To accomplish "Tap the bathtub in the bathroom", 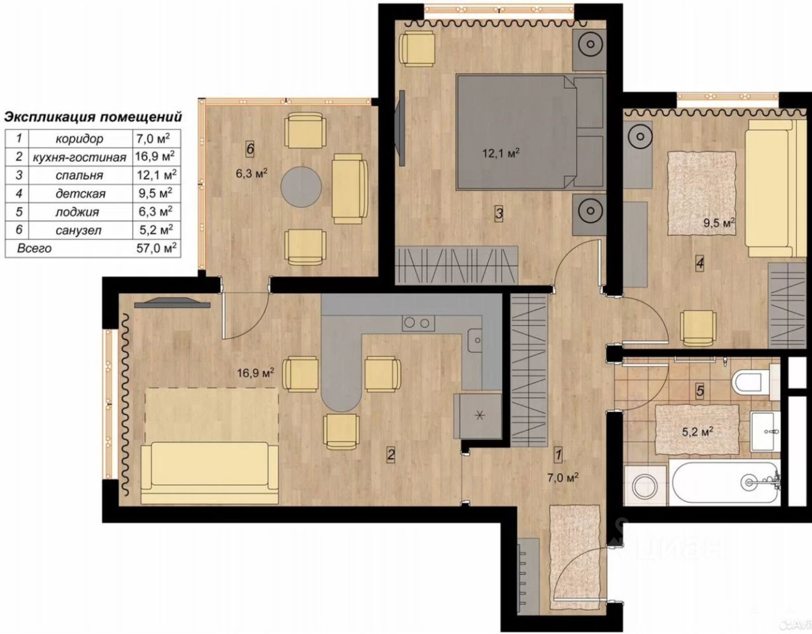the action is click(725, 483).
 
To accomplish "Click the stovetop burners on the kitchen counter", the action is click(418, 323).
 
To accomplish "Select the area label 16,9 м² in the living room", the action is click(256, 373).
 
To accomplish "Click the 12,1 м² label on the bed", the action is click(501, 154).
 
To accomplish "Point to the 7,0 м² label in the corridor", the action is click(563, 478).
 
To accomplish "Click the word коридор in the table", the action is click(79, 139).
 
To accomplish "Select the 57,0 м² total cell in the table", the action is click(156, 248).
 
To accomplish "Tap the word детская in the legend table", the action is click(81, 194).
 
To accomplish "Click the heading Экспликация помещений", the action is click(93, 117).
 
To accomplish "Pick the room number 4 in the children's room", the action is click(700, 264).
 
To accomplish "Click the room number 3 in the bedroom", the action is click(499, 214).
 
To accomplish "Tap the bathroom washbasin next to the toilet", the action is click(765, 432).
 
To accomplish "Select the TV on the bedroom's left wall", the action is click(402, 128).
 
